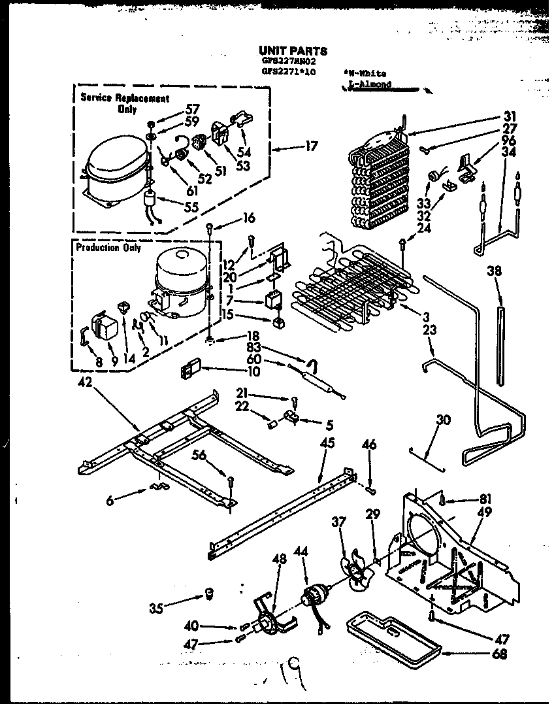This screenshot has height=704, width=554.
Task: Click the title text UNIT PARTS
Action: click(x=293, y=50)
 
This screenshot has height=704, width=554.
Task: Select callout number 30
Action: click(x=443, y=422)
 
